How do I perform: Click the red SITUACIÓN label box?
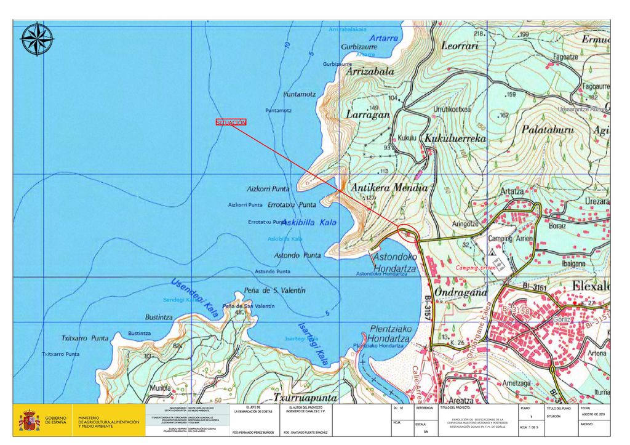231,122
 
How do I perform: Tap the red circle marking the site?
409,233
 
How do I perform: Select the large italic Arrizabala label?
370,71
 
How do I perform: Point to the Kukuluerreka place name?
455,139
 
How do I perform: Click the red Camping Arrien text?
475,268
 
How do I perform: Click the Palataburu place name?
547,130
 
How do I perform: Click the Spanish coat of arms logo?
29,421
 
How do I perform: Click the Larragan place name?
367,114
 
